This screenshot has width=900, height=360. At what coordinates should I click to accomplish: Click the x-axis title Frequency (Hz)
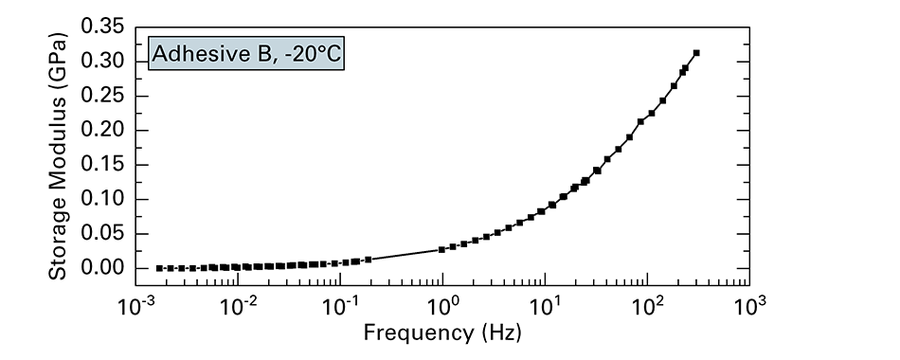click(x=442, y=333)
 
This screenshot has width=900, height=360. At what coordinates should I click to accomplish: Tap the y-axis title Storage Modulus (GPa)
click(x=58, y=156)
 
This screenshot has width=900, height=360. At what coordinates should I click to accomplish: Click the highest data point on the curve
click(x=696, y=53)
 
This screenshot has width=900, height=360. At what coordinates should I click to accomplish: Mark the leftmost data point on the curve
click(x=159, y=268)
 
